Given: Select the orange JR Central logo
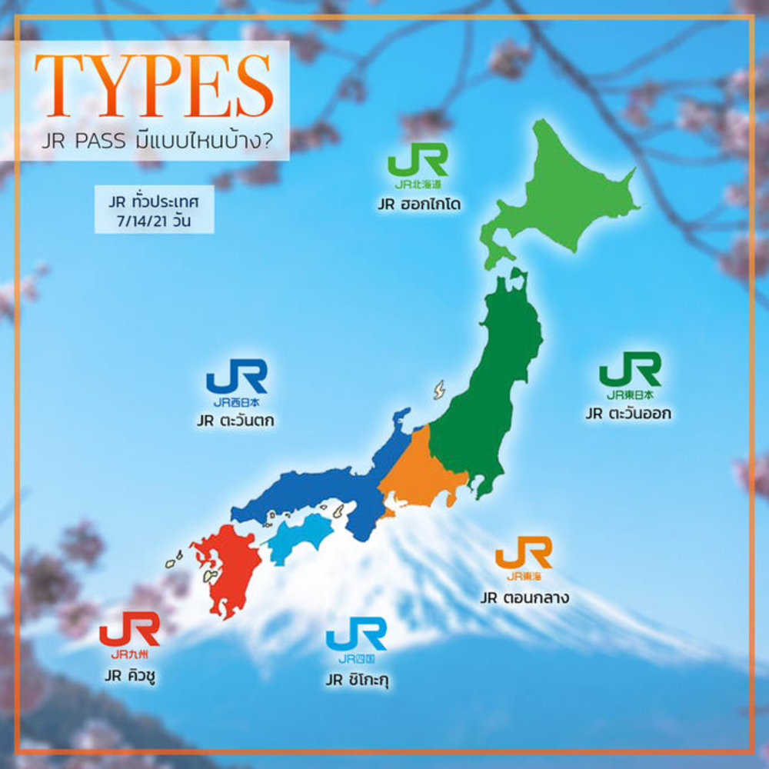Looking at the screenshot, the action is (x=523, y=558).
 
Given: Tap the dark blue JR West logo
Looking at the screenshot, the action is (x=236, y=382).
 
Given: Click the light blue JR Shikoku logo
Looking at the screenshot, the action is (x=356, y=638).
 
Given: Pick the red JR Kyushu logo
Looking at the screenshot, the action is (x=129, y=634).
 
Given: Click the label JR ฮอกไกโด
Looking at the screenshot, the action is (x=419, y=206).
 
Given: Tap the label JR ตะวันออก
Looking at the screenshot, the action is (x=628, y=414).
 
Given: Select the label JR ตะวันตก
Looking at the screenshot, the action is (x=235, y=421).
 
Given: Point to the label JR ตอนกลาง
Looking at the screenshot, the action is (x=524, y=598).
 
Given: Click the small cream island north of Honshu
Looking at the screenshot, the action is (x=439, y=389).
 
